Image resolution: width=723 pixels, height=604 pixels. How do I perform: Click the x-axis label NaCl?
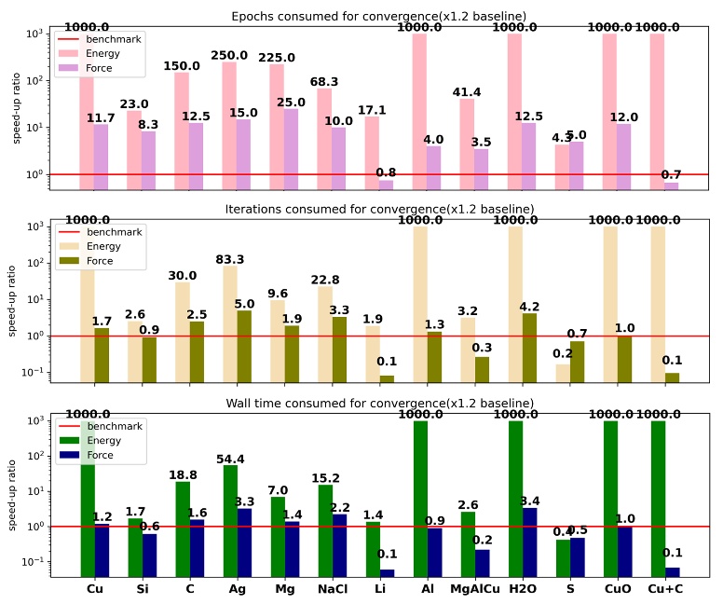(332, 590)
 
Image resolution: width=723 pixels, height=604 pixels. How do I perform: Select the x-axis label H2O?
(522, 590)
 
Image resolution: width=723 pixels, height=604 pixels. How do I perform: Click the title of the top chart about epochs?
(378, 16)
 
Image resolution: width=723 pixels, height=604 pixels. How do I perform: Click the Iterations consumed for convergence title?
(379, 208)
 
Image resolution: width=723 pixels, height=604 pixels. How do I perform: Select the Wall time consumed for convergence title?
(379, 403)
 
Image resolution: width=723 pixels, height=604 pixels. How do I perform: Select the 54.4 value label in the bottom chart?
(229, 460)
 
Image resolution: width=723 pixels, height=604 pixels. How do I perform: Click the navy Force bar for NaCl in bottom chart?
(339, 544)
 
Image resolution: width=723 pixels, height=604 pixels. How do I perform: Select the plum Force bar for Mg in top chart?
(292, 148)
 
